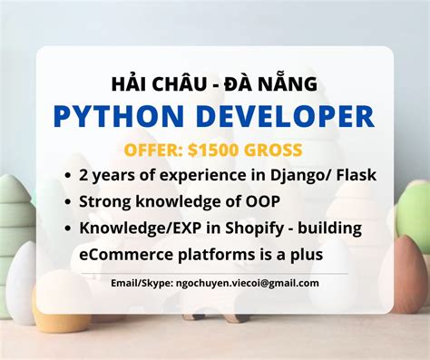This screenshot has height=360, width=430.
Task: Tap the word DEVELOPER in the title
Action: tap(271, 116)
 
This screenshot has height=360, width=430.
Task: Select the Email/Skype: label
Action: tap(137, 283)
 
